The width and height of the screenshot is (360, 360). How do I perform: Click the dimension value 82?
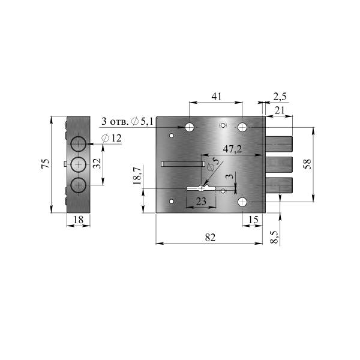210,237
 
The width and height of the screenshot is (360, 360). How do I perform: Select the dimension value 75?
46,163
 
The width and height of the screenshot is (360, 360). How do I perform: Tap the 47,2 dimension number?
232,149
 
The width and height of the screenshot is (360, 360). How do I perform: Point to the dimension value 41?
217,97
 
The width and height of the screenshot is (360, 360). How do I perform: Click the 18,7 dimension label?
137,175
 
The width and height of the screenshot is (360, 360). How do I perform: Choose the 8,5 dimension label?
274,237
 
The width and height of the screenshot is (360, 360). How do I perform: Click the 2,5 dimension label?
280,97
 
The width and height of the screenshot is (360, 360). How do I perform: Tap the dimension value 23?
201,202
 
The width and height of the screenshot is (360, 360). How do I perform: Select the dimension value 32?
98,163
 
